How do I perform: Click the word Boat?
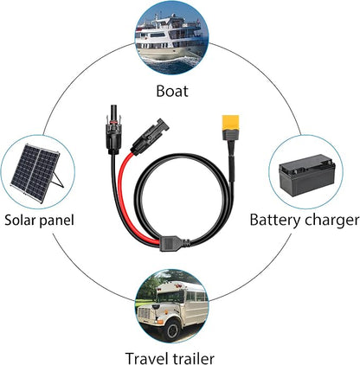(x=172, y=91)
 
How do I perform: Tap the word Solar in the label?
(x=19, y=220)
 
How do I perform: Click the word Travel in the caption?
(x=146, y=359)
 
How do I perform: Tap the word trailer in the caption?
(x=193, y=359)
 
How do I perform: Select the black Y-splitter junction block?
(x=175, y=244)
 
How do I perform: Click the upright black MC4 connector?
(x=114, y=130)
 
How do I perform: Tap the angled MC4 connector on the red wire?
(x=149, y=137)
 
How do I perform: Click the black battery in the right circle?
(x=307, y=175)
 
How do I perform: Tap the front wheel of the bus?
(x=172, y=329)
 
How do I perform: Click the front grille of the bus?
(x=147, y=315)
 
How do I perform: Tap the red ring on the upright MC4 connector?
(x=113, y=123)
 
